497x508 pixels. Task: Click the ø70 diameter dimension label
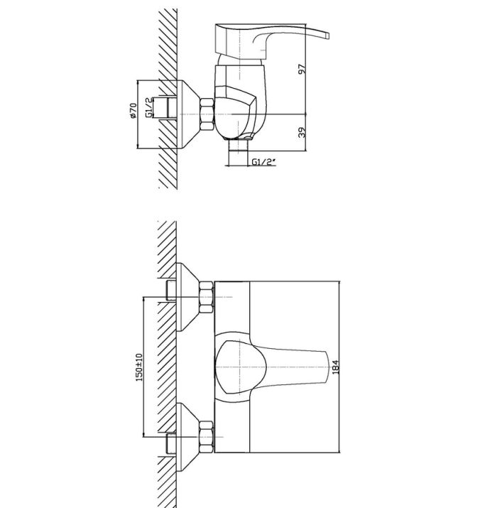(133, 111)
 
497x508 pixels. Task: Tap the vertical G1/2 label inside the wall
(149, 107)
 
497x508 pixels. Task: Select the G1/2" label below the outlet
(264, 162)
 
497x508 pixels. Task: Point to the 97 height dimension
(302, 69)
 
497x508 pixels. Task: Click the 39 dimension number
(302, 132)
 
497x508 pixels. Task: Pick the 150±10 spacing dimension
(139, 367)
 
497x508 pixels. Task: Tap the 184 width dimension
(336, 367)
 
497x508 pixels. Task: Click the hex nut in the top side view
(207, 114)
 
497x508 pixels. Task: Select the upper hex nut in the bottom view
(206, 297)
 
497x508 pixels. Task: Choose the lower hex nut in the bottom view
(206, 437)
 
